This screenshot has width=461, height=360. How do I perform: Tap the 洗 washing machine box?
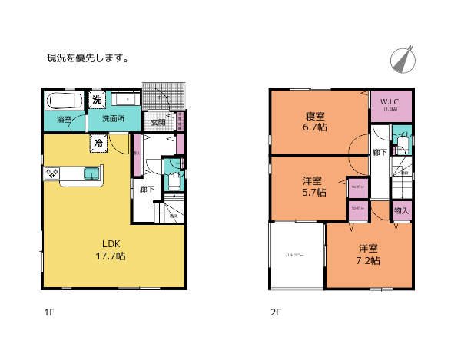97,100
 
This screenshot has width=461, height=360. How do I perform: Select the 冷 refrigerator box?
98,142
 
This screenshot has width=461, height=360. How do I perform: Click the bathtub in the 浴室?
63,101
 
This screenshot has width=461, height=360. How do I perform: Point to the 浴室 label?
64,120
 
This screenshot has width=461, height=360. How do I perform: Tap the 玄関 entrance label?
158,123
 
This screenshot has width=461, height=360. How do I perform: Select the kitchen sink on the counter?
92,173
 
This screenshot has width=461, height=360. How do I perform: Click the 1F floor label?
48,313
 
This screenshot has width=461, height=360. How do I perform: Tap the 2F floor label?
275,313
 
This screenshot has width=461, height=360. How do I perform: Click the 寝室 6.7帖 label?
315,121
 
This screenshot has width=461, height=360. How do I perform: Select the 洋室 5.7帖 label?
312,187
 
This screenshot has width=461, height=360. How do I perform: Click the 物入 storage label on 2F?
401,210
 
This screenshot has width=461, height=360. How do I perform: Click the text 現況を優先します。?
88,58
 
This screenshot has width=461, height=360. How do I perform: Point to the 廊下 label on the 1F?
145,189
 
